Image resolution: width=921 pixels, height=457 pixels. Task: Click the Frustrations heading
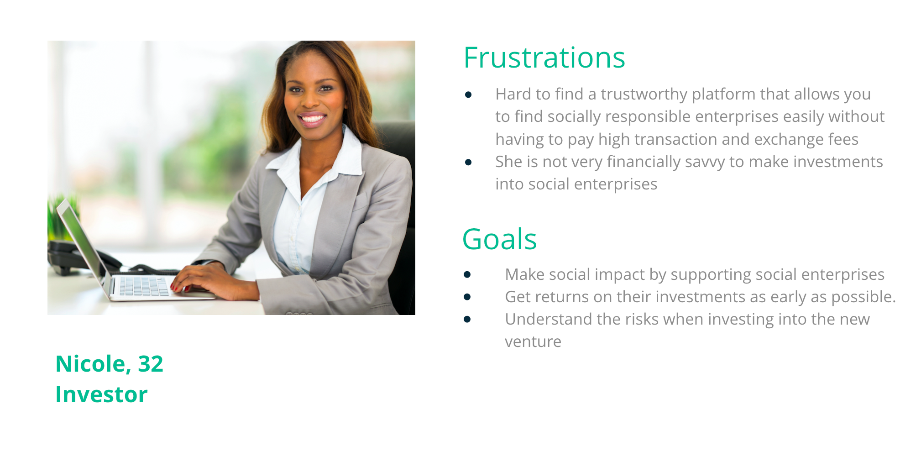tap(544, 58)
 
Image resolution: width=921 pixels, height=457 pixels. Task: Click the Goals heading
tap(499, 239)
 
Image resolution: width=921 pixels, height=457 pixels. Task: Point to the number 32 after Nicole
tap(151, 364)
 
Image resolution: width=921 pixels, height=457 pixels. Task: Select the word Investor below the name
tap(101, 394)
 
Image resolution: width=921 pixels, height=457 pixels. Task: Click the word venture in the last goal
tap(533, 342)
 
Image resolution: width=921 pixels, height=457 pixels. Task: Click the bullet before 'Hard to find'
tap(468, 95)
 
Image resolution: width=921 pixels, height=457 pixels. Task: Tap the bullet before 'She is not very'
tap(468, 162)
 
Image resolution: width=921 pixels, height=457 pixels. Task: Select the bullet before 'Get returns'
tap(467, 297)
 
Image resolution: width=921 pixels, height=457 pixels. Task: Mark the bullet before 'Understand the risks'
tap(467, 319)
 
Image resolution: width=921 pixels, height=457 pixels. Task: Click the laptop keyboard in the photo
tap(144, 287)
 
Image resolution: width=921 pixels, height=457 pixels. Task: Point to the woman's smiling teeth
tap(313, 119)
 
